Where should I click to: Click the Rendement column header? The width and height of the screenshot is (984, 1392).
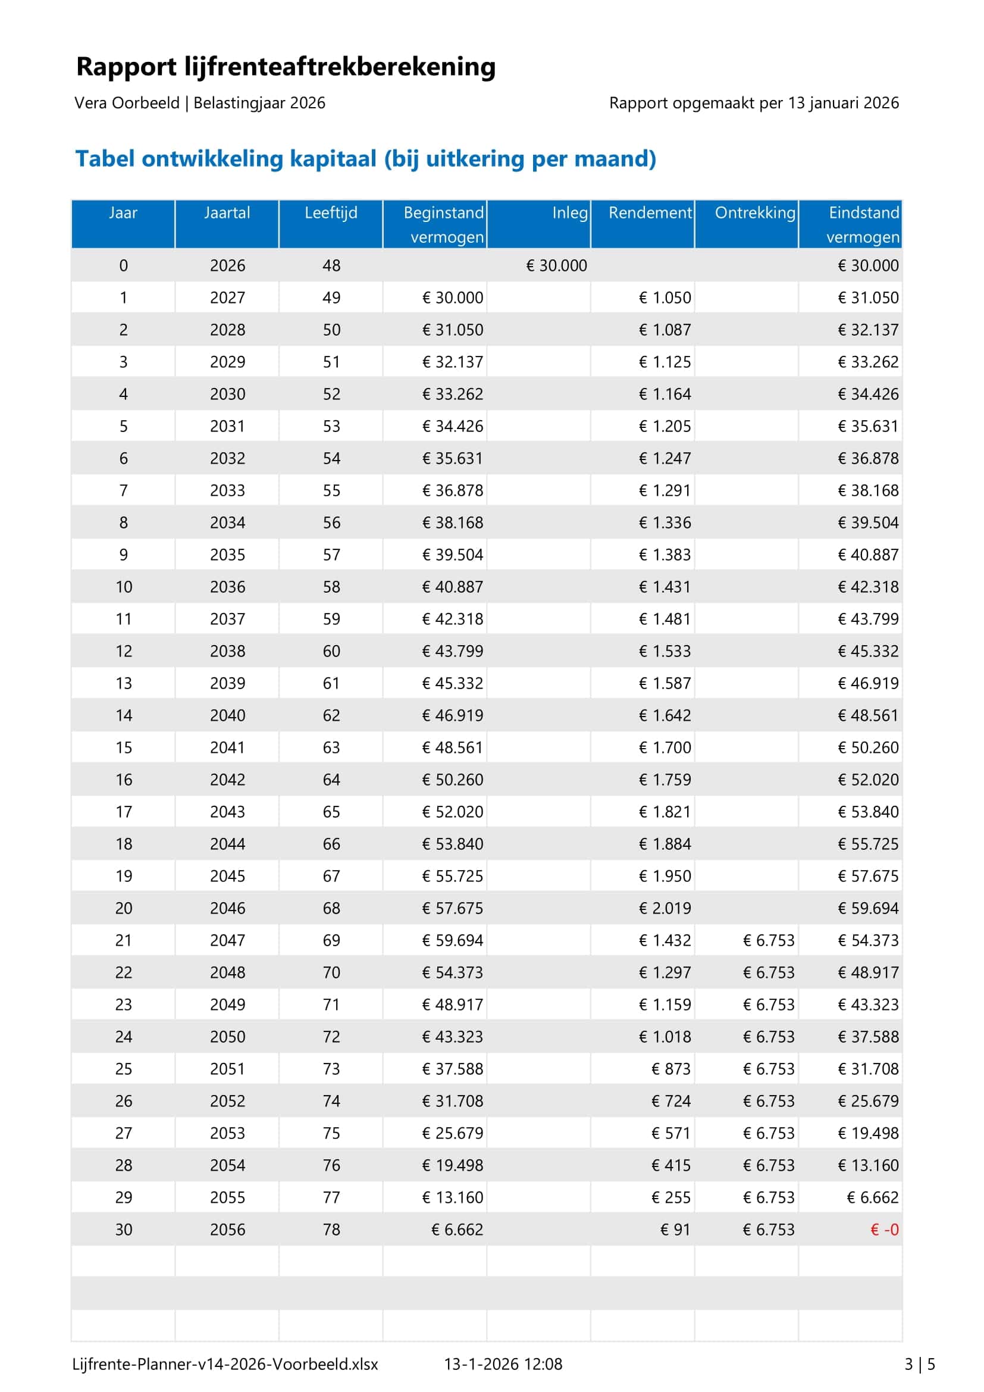point(650,213)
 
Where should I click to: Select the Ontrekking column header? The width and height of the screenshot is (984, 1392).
point(754,213)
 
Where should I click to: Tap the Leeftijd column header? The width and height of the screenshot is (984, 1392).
point(331,213)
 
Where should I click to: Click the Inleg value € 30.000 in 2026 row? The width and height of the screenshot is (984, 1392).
point(556,265)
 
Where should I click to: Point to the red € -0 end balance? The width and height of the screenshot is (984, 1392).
point(884,1230)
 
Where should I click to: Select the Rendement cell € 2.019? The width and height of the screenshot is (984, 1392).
point(665,908)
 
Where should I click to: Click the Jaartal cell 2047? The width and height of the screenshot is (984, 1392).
point(227,940)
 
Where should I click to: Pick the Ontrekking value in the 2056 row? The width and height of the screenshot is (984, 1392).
point(768,1230)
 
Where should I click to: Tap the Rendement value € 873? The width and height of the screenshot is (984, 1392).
point(670,1069)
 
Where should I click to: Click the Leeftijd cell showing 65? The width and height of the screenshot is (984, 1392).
point(331,812)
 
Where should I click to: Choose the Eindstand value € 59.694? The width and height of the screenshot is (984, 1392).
point(867,908)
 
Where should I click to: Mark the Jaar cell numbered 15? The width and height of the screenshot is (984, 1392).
point(124,747)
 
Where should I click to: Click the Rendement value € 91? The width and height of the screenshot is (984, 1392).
point(675,1230)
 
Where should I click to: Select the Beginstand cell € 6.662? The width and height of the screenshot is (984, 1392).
point(457,1230)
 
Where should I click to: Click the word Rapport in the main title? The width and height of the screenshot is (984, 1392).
point(126,67)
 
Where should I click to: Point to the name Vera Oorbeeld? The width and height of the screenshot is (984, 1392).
point(127,103)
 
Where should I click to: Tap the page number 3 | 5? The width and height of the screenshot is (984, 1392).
point(919,1364)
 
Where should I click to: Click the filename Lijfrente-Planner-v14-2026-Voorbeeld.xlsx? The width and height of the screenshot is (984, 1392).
point(225,1364)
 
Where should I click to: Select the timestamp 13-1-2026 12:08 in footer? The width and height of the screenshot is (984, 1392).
point(503,1364)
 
